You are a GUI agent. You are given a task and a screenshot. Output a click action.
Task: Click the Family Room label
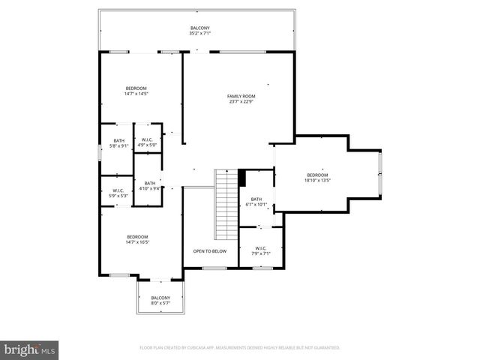241,96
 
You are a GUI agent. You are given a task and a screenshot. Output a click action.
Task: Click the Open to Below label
209,251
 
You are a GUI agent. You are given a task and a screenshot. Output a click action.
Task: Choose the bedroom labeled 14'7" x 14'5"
136,91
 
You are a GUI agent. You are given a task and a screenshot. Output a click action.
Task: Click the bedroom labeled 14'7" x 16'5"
137,239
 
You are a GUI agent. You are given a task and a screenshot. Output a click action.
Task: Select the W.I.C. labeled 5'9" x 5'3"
118,193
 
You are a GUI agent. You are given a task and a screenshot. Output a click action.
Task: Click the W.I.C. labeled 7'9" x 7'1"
260,251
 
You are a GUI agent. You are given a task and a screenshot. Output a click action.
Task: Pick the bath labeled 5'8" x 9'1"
119,142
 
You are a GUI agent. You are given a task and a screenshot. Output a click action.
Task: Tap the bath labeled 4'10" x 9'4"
150,186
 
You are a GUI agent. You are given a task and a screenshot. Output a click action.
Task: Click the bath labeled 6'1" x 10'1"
254,201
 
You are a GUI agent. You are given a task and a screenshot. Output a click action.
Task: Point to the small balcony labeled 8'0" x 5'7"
160,300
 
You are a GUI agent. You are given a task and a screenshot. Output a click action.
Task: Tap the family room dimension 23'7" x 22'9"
241,102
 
